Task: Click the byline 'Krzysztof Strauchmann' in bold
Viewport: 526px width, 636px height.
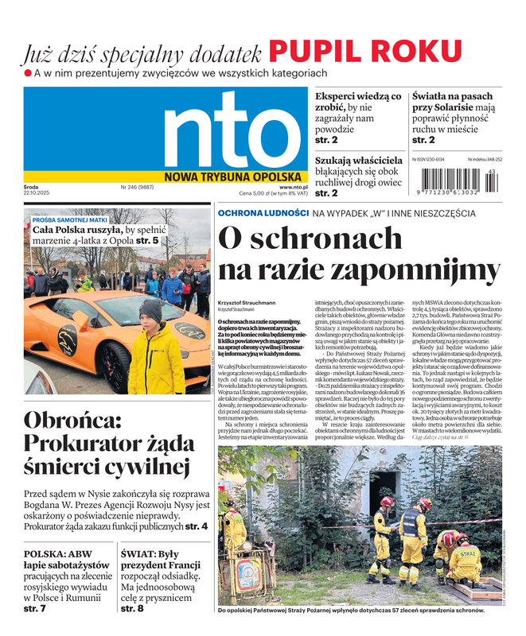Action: click(x=247, y=303)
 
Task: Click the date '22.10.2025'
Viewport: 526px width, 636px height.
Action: click(x=37, y=193)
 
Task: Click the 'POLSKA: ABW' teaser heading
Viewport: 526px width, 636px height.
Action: click(x=57, y=555)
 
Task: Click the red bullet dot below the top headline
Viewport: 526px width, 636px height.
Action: click(x=27, y=73)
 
